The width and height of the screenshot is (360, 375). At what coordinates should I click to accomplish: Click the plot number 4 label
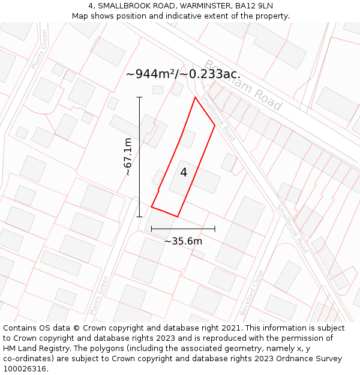click(184, 173)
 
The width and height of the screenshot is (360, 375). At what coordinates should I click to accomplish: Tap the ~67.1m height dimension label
click(128, 157)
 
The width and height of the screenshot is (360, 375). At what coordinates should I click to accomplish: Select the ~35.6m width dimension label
click(183, 241)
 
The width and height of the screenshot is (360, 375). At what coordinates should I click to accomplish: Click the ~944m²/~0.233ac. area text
click(183, 74)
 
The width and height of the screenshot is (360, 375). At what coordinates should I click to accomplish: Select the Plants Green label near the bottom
click(100, 295)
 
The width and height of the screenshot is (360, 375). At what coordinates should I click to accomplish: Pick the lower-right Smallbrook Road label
click(292, 229)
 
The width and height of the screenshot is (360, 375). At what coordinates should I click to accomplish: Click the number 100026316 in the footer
click(26, 369)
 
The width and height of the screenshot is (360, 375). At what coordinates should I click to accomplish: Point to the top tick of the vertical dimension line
click(139, 97)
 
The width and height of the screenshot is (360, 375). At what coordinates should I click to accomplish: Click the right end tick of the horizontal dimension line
click(215, 229)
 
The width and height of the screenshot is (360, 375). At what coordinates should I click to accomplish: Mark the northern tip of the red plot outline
click(195, 97)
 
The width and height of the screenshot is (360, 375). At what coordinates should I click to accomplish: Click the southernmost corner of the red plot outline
click(178, 217)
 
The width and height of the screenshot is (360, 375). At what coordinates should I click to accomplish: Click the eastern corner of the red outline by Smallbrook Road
click(215, 125)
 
